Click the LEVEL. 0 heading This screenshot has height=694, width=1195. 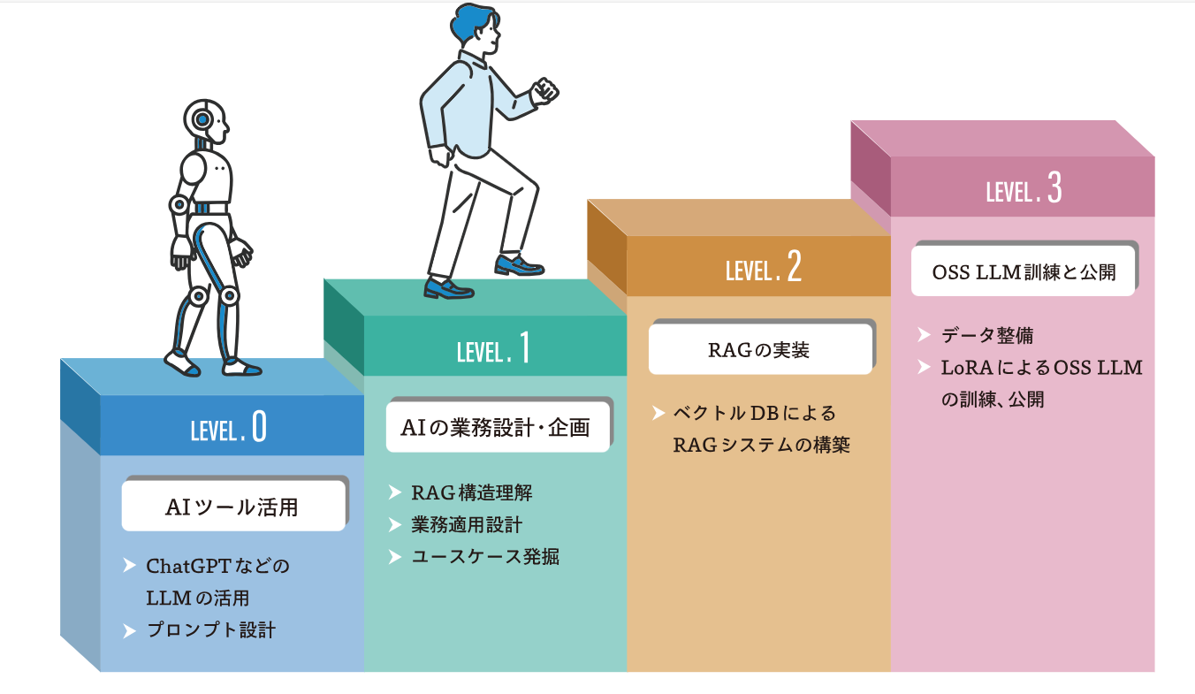(228, 428)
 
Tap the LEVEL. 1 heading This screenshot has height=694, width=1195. (494, 348)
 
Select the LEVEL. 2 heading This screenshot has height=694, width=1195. (763, 268)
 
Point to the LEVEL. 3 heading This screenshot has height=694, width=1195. (1024, 189)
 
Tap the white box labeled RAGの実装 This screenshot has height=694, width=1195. (759, 350)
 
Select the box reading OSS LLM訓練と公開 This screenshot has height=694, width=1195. (1024, 271)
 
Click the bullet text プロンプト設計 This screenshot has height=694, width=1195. (211, 630)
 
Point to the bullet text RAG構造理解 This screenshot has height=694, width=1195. (472, 492)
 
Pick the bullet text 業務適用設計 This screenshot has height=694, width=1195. (467, 525)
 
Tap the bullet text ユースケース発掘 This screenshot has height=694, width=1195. (485, 557)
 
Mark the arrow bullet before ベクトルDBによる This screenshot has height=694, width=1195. (658, 413)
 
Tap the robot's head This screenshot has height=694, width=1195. (206, 121)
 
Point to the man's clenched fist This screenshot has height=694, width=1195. (545, 89)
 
